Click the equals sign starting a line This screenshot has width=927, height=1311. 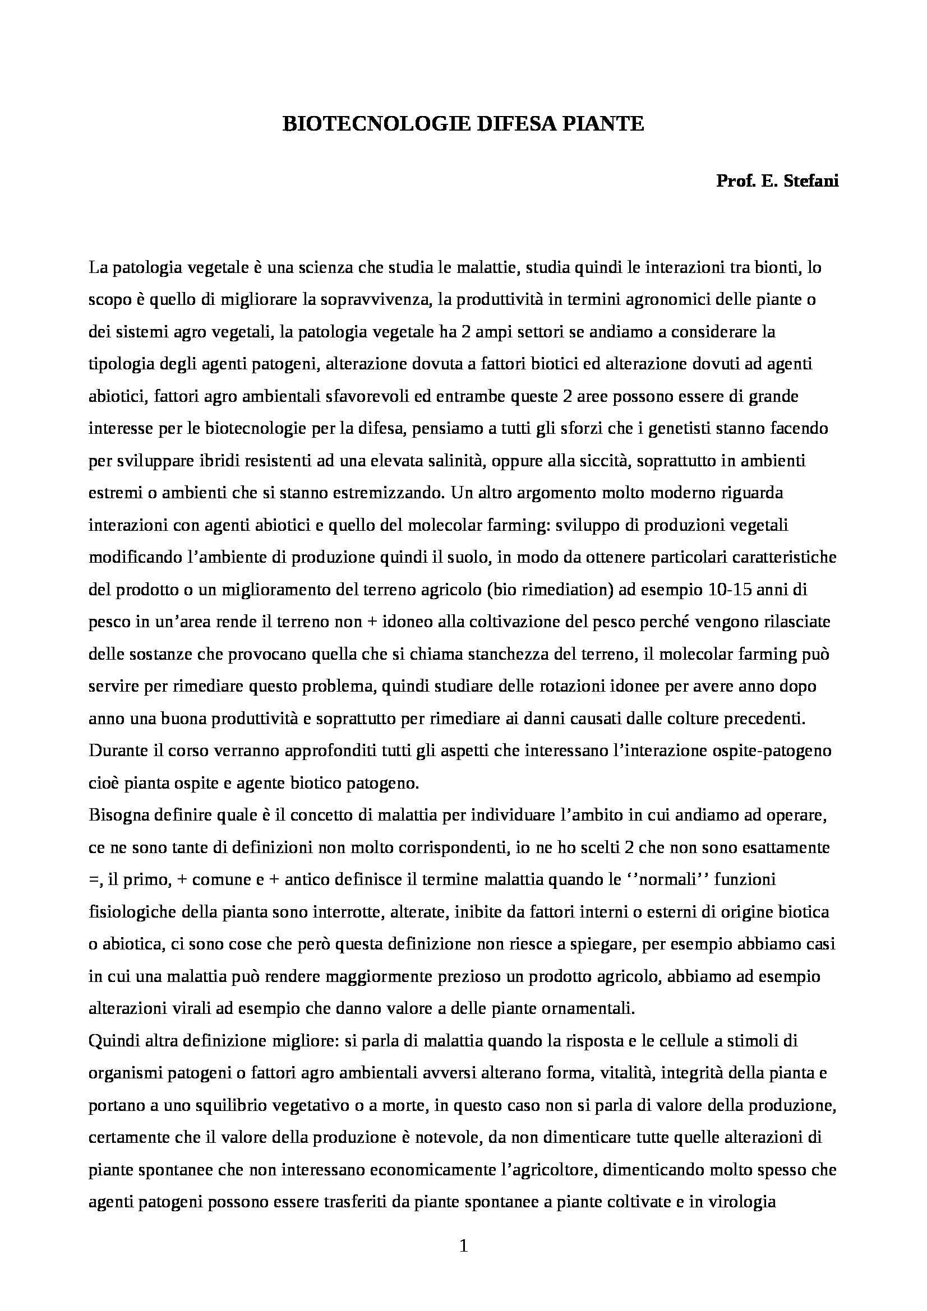93,881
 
